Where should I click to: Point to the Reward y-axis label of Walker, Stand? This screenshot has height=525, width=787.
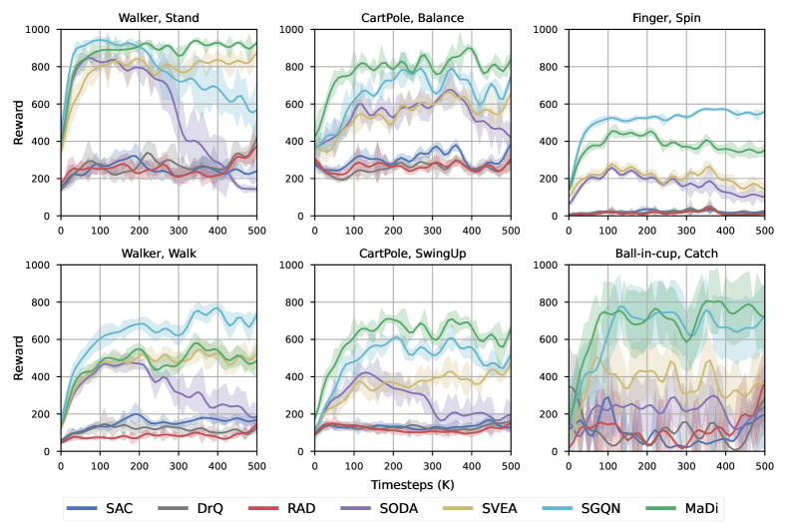[x=18, y=123]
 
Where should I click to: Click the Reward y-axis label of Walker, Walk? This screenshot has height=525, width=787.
[x=18, y=358]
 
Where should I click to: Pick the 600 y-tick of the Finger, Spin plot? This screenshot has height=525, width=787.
[x=547, y=104]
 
